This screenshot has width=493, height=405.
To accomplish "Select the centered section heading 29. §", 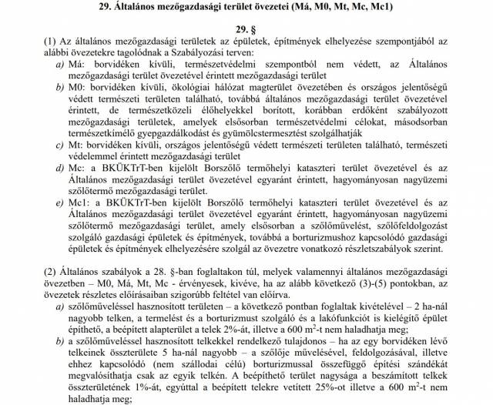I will click(246, 28).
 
